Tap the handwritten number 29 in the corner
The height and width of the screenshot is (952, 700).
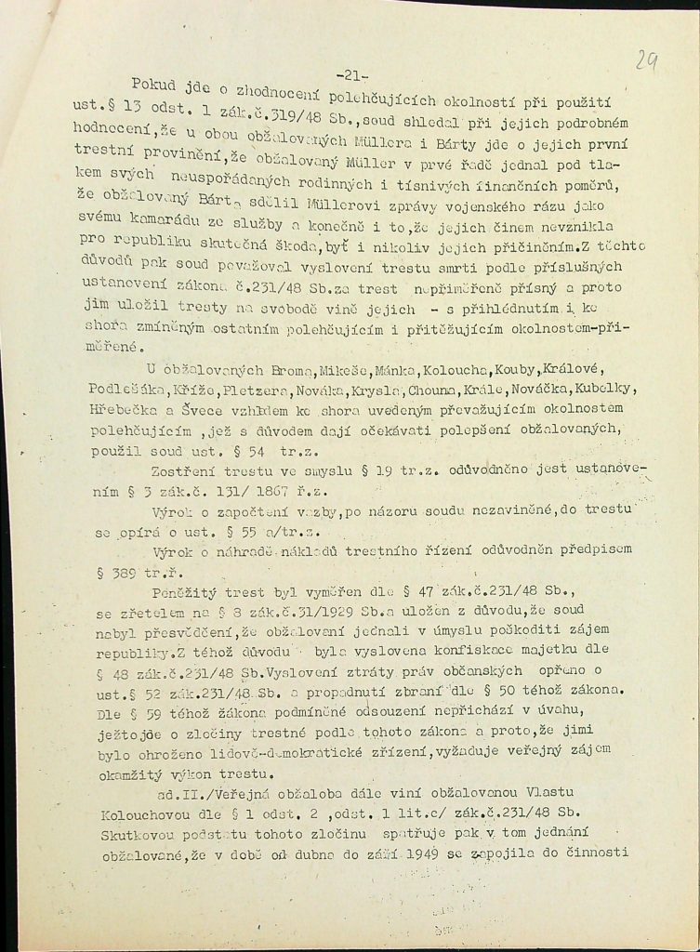click(646, 61)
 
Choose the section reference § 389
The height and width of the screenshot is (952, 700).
click(119, 575)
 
